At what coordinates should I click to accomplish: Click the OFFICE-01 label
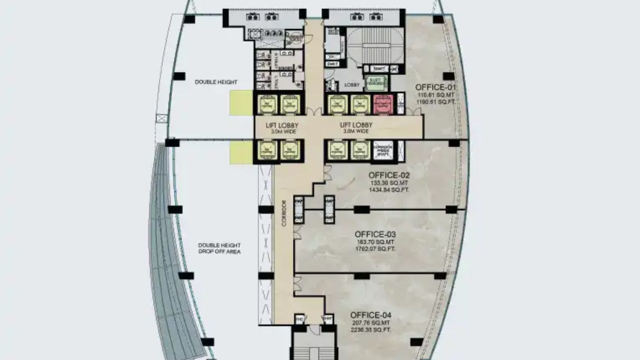click(435, 87)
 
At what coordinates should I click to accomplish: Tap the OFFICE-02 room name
click(389, 175)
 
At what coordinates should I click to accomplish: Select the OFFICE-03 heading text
click(375, 234)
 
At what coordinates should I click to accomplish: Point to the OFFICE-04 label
click(370, 315)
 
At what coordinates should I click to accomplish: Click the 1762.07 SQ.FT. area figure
click(375, 248)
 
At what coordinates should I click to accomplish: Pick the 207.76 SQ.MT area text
click(370, 323)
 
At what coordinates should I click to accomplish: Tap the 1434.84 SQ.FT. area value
click(389, 190)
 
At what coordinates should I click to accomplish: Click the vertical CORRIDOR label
click(284, 213)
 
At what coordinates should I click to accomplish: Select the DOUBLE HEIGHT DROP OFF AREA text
click(219, 248)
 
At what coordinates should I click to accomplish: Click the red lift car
click(383, 104)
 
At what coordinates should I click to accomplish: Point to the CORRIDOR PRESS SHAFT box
click(383, 150)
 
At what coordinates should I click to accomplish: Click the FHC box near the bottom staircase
click(300, 318)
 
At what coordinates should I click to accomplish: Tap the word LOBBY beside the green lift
click(352, 85)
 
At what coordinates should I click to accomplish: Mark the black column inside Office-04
click(416, 342)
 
